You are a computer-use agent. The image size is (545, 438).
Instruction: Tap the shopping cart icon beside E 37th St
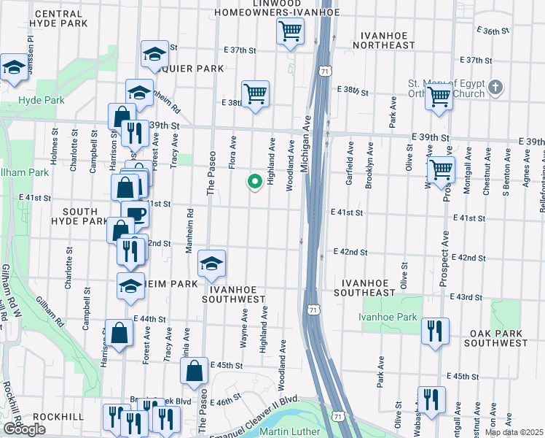(x=291, y=32)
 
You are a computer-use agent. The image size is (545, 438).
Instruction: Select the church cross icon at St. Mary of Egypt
(x=495, y=88)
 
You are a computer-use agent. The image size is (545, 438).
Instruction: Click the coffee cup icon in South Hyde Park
(x=136, y=215)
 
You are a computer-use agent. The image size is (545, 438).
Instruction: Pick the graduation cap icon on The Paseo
(x=211, y=264)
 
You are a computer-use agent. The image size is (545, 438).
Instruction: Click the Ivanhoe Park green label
(x=388, y=317)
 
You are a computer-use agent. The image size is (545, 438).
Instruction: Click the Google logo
(x=24, y=429)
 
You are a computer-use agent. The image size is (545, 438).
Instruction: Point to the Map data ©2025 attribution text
(x=513, y=432)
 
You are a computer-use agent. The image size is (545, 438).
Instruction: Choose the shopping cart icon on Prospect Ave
(x=441, y=170)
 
